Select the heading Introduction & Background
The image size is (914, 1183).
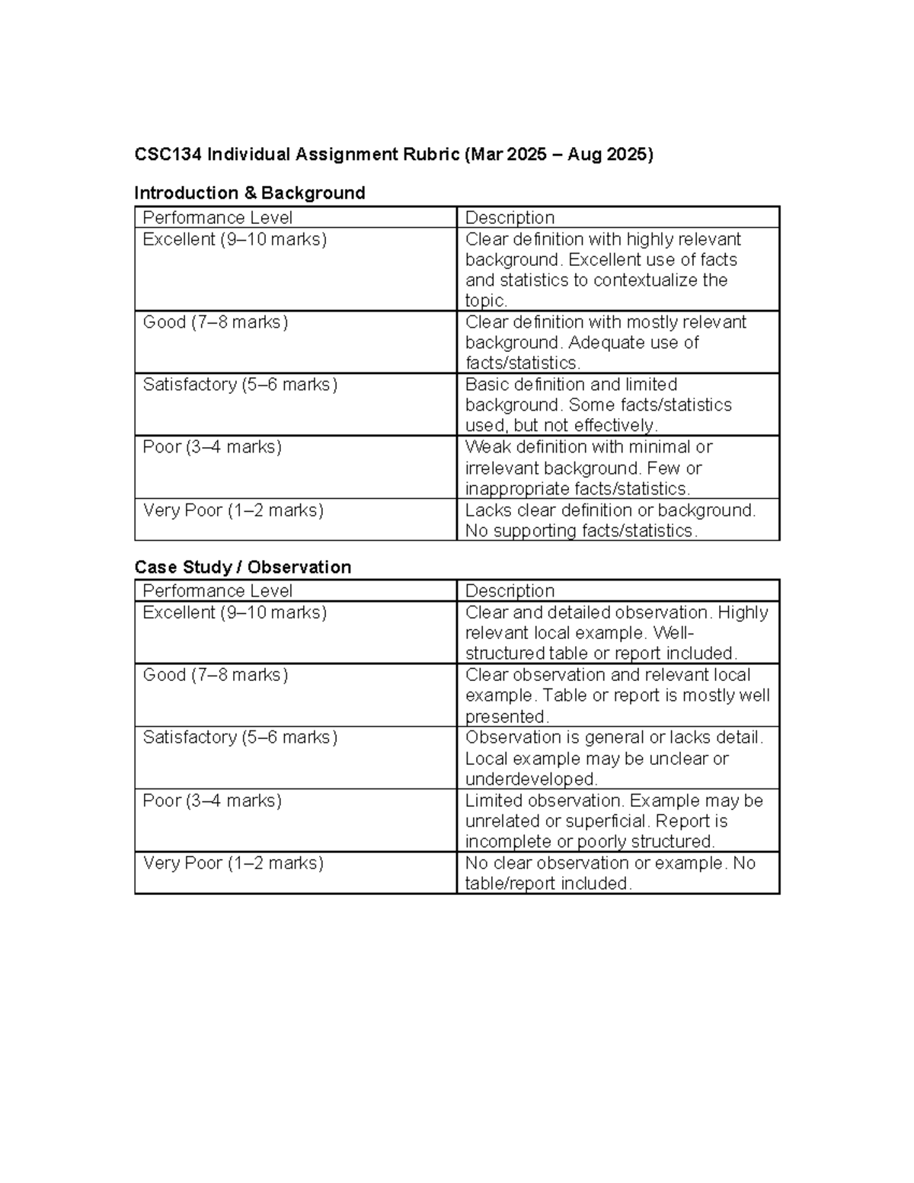point(249,193)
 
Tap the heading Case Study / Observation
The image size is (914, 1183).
point(242,567)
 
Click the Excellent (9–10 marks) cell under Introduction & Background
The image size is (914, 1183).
point(235,239)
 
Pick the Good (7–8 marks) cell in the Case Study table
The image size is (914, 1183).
point(215,675)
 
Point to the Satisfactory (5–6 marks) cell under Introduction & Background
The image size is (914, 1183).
point(240,385)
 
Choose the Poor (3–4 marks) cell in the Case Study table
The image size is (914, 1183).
point(212,801)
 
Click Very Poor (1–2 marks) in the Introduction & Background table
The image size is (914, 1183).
point(233,510)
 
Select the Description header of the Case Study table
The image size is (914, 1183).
point(510,591)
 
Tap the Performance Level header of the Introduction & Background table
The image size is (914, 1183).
point(217,218)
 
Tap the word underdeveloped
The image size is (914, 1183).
point(530,779)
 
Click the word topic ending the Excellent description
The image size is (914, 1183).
point(484,301)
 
